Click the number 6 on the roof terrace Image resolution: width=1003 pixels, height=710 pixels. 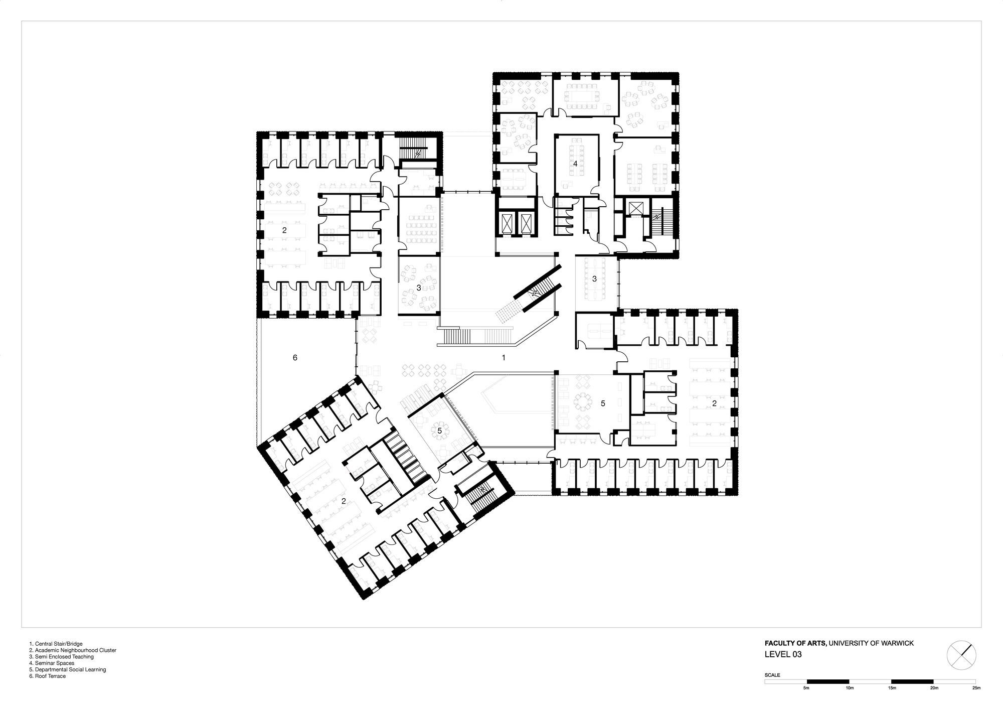pos(295,358)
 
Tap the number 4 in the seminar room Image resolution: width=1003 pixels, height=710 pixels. pos(575,164)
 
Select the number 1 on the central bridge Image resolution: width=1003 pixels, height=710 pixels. pos(504,358)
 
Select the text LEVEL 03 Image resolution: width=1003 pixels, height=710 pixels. pos(783,654)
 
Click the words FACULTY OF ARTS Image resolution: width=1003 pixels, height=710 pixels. pos(795,643)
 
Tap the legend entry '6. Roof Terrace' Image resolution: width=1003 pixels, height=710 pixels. pos(48,676)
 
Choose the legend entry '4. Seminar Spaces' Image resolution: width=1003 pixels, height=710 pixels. pos(52,663)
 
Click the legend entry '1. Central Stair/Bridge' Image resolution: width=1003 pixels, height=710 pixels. pos(56,643)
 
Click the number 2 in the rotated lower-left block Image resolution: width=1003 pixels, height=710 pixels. pos(344,501)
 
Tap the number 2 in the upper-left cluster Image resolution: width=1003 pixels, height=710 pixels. pos(284,230)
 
